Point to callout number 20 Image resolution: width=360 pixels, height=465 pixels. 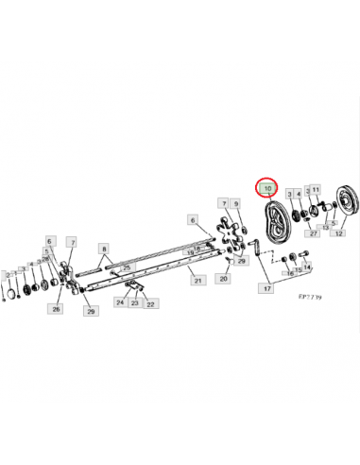point(223,278)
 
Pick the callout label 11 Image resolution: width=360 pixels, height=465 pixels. point(316,190)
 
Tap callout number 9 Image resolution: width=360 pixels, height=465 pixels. point(235,203)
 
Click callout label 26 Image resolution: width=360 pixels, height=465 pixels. point(57,309)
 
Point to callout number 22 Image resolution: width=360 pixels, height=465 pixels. point(151,303)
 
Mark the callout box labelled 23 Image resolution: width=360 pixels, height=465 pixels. point(135,303)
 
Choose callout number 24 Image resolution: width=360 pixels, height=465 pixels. point(120,303)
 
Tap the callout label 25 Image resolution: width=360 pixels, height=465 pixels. point(126,269)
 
